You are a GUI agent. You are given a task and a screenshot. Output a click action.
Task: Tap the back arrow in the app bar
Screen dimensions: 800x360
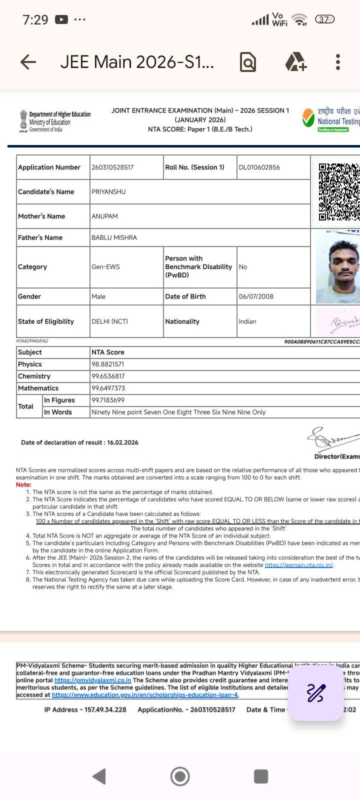pyautogui.click(x=28, y=62)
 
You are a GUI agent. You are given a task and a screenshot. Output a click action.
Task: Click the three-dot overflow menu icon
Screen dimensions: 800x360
pyautogui.click(x=338, y=62)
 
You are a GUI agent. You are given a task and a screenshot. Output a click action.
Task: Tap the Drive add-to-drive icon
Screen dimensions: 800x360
pyautogui.click(x=295, y=62)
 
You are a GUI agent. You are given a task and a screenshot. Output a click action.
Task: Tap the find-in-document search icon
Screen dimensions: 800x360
pyautogui.click(x=248, y=62)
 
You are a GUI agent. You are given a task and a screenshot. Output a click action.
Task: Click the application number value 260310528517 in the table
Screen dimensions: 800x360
pyautogui.click(x=112, y=167)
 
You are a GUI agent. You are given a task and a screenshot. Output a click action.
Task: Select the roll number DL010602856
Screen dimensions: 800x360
pyautogui.click(x=259, y=167)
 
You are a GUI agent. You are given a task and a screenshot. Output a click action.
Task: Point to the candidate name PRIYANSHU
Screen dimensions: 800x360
pyautogui.click(x=108, y=192)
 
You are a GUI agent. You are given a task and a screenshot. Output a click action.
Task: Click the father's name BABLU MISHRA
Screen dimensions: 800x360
pyautogui.click(x=114, y=238)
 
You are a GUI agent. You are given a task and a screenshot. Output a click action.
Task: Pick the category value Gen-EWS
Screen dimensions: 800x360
pyautogui.click(x=105, y=267)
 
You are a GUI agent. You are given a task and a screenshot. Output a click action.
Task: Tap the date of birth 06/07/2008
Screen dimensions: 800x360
pyautogui.click(x=256, y=296)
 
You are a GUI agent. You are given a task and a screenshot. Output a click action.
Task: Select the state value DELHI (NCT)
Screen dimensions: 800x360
pyautogui.click(x=109, y=321)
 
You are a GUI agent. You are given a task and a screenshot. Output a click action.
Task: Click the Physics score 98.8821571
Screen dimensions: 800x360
pyautogui.click(x=107, y=364)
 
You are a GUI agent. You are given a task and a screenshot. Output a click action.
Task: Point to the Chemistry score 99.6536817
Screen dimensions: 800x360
pyautogui.click(x=108, y=376)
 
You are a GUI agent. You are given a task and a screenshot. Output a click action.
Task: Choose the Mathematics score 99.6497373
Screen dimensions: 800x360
pyautogui.click(x=108, y=388)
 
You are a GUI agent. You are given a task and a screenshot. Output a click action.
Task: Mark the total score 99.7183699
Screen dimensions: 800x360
pyautogui.click(x=108, y=400)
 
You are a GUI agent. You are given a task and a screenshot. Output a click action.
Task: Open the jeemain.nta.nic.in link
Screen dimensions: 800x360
pyautogui.click(x=298, y=565)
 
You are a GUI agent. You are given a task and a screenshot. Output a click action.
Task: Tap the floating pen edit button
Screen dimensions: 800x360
pyautogui.click(x=316, y=693)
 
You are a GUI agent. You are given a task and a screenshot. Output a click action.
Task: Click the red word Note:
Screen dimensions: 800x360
pyautogui.click(x=23, y=485)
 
